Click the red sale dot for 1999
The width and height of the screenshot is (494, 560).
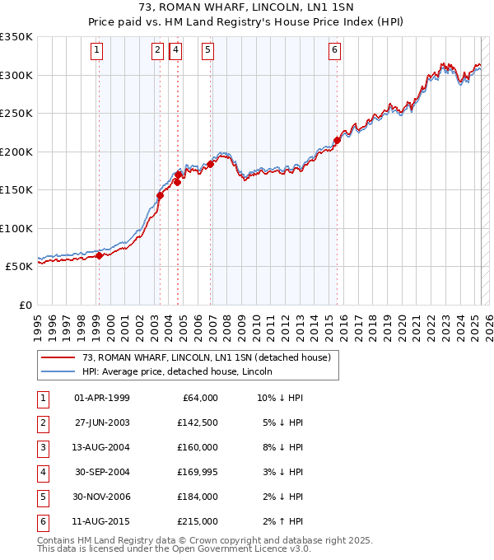(x=99, y=255)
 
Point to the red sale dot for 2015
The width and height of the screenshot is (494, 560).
(x=337, y=140)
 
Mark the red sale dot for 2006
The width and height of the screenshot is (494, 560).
(x=211, y=164)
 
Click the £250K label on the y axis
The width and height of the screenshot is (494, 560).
(x=16, y=113)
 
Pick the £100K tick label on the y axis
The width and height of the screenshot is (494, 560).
(x=16, y=228)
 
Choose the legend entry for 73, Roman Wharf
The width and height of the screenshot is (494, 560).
(x=206, y=357)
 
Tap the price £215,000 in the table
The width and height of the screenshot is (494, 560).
(x=198, y=521)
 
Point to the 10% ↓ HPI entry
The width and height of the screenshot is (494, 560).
(x=280, y=398)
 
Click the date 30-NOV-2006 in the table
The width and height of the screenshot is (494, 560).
(x=102, y=497)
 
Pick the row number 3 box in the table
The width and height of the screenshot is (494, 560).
(x=41, y=447)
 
